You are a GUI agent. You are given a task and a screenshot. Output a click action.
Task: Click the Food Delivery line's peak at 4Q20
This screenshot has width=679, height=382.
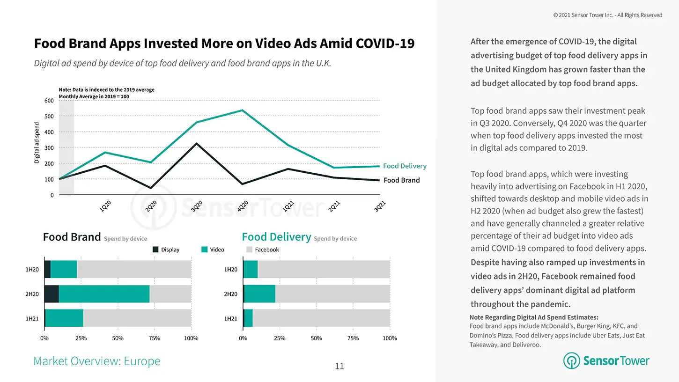[x=242, y=110]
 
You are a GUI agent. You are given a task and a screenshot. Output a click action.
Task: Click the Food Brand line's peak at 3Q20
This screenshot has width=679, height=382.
[x=197, y=143]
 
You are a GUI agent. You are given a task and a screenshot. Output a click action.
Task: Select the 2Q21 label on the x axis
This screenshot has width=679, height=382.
[x=334, y=206]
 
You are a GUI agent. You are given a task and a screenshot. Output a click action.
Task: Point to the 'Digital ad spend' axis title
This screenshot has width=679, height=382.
[x=37, y=143]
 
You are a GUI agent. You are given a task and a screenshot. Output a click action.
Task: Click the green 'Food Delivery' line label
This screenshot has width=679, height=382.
[x=405, y=166]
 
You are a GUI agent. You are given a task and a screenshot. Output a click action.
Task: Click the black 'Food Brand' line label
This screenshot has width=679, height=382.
[x=401, y=180]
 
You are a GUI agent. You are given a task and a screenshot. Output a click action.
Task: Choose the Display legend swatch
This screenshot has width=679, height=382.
[x=155, y=250]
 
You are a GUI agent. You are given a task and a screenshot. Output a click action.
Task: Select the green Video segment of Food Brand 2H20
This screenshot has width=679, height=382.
[x=104, y=294]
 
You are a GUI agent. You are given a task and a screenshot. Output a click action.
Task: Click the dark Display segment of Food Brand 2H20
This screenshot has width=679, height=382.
[x=52, y=294]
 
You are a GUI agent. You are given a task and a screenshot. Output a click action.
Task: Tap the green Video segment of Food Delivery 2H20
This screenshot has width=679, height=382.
[x=260, y=294]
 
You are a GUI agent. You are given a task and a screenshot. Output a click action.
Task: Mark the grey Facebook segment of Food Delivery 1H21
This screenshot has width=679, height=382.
[x=321, y=318]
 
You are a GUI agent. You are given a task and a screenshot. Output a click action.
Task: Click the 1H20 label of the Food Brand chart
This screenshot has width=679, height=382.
[x=32, y=270]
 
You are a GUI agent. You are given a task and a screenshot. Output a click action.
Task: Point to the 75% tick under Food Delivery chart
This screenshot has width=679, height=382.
[x=353, y=338]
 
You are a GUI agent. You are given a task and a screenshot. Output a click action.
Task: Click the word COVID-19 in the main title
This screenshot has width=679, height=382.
[x=385, y=44]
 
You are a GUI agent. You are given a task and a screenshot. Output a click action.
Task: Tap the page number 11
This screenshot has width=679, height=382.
[x=339, y=366]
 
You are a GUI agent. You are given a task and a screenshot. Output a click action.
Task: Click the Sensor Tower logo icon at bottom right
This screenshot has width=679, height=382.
[x=571, y=361]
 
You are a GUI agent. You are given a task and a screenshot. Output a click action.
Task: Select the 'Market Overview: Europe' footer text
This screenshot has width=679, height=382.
[x=97, y=361]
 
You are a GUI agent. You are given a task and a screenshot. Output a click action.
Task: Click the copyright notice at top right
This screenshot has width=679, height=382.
[x=607, y=15]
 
